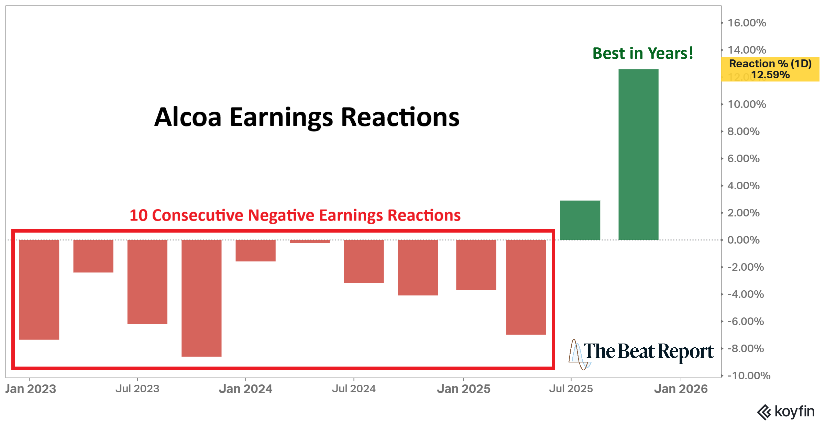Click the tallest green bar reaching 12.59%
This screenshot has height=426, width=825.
[x=638, y=155]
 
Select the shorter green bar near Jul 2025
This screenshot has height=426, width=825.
[x=580, y=220]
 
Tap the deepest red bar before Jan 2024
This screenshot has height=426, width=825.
[x=201, y=298]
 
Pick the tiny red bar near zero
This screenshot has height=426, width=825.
[x=310, y=242]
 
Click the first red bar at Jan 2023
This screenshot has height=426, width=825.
[x=39, y=290]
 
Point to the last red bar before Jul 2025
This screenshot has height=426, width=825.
[x=526, y=287]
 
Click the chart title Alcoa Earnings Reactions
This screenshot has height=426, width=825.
[x=307, y=117]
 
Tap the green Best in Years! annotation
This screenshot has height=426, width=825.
[x=643, y=54]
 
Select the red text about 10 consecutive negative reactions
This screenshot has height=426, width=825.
[x=295, y=215]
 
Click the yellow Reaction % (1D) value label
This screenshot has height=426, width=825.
[x=770, y=69]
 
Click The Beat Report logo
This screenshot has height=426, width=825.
[x=641, y=352]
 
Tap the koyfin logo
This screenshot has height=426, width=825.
[x=786, y=412]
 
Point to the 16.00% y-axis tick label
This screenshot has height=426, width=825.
[x=747, y=23]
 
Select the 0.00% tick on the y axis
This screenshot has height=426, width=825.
[x=743, y=240]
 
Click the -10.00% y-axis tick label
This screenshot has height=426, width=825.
[x=749, y=375]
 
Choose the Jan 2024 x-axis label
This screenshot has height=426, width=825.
[x=245, y=389]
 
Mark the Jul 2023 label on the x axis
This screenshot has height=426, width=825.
[x=137, y=389]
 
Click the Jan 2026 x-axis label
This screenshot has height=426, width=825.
[x=681, y=389]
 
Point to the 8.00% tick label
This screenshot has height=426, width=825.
[x=743, y=131]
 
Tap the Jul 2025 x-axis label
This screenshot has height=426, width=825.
[x=571, y=389]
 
